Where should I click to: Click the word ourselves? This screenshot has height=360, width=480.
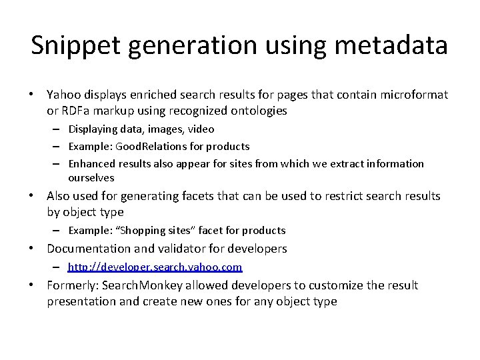pos(91,178)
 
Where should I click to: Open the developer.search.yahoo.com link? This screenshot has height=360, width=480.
pos(155,267)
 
